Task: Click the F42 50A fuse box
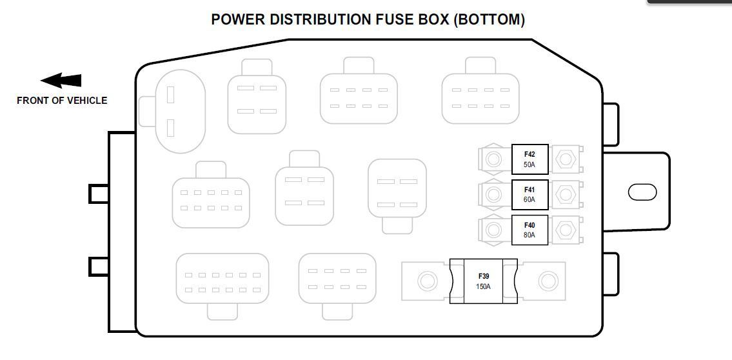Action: pyautogui.click(x=529, y=159)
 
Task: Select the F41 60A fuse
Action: pyautogui.click(x=529, y=195)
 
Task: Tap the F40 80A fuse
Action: pyautogui.click(x=529, y=230)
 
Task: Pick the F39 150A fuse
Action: pyautogui.click(x=484, y=281)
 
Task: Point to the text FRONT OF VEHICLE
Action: pyautogui.click(x=62, y=101)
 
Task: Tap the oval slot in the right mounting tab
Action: pyautogui.click(x=642, y=192)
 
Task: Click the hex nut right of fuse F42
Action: pyautogui.click(x=565, y=159)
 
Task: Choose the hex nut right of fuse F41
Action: pyautogui.click(x=565, y=194)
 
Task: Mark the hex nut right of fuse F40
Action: pyautogui.click(x=565, y=229)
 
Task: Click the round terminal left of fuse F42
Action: pyautogui.click(x=494, y=159)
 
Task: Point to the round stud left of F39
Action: pyautogui.click(x=426, y=281)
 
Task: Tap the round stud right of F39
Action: pyautogui.click(x=548, y=281)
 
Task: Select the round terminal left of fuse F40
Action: pyautogui.click(x=494, y=229)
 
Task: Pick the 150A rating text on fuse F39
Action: pyautogui.click(x=484, y=286)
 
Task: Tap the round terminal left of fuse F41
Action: pyautogui.click(x=494, y=194)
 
